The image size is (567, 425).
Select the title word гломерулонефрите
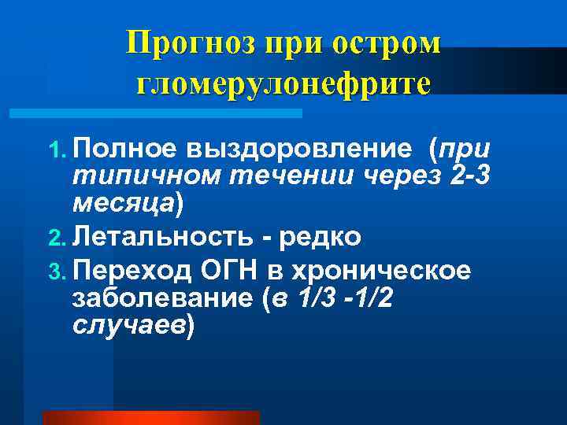[283, 83]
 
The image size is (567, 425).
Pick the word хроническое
[382, 272]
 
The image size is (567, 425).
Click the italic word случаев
[127, 324]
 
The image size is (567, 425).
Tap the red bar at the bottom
[150, 417]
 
